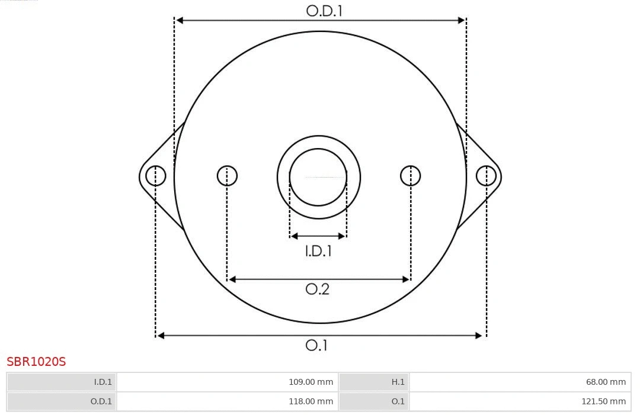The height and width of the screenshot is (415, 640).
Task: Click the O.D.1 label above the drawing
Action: point(324,11)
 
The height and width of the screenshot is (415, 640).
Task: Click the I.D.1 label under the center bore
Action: point(318,251)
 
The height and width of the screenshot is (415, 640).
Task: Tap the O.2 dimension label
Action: point(317,289)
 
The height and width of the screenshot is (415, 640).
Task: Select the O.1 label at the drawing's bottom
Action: point(316,345)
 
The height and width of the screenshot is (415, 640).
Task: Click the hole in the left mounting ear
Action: point(156,176)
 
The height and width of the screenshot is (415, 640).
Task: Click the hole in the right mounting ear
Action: point(486,176)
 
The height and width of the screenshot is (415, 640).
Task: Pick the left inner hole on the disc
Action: point(227,176)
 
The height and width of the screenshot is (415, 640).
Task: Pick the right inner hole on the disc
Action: point(411,176)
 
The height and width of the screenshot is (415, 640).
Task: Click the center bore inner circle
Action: point(318,176)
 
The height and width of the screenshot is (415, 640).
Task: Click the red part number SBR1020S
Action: point(36,361)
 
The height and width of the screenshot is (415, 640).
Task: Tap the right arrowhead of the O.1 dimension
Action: point(479,336)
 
